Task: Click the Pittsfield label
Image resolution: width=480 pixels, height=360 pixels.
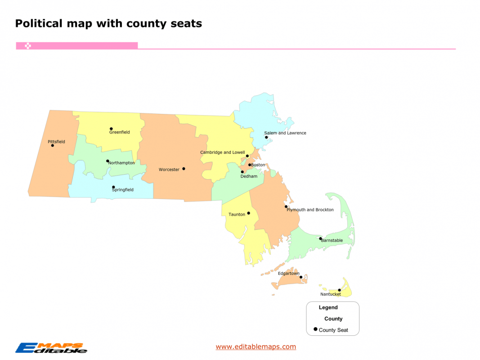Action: click(56, 142)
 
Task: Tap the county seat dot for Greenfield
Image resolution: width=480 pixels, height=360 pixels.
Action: click(111, 129)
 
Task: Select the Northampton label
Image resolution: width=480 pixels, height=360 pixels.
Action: click(121, 163)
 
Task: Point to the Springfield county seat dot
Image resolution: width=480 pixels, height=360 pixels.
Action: click(113, 187)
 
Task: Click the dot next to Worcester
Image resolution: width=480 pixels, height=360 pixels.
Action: click(184, 169)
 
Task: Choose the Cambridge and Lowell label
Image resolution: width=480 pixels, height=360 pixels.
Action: click(222, 153)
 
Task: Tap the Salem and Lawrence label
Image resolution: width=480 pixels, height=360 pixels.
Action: click(285, 133)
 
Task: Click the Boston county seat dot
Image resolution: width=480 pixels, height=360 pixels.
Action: click(250, 165)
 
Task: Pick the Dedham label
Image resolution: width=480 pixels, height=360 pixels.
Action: click(249, 176)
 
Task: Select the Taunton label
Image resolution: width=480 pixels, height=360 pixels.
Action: click(237, 215)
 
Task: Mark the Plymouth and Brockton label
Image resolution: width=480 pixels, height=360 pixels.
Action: click(310, 210)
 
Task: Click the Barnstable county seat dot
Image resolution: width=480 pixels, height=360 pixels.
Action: click(321, 238)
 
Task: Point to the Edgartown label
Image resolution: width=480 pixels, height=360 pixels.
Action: click(288, 274)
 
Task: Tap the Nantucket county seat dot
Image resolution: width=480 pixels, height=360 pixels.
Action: click(339, 290)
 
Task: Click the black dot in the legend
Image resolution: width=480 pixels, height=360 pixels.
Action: click(315, 329)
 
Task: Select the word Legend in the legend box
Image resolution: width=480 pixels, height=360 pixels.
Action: click(328, 308)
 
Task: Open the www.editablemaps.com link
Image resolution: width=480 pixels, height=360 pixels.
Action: click(256, 346)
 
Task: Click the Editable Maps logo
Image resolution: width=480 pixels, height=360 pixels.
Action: click(51, 348)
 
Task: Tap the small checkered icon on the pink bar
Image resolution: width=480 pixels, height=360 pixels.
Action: click(28, 46)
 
